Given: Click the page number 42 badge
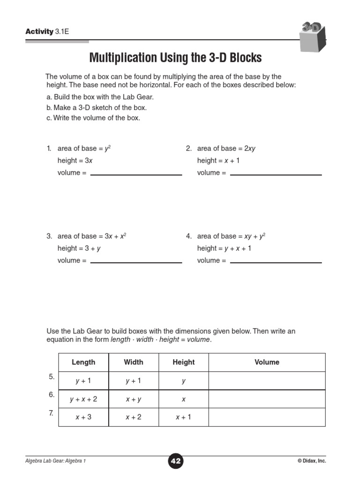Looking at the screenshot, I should click(176, 461).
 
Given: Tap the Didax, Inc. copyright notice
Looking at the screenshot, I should click(311, 461).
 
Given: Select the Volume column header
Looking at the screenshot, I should click(267, 362).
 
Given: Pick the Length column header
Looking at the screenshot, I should click(83, 362).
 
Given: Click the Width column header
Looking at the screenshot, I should click(134, 362).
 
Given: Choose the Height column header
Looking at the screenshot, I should click(183, 362).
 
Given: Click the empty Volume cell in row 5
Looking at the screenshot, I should click(267, 381).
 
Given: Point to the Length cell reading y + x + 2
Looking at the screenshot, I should click(83, 399).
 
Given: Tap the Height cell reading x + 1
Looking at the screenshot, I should click(183, 417).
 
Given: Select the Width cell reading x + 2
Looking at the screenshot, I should click(134, 417).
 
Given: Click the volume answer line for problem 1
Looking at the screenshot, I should click(136, 173).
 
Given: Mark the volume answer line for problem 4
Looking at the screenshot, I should click(276, 261).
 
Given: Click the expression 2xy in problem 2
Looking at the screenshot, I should click(249, 149).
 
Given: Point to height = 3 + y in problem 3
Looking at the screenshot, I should click(79, 248).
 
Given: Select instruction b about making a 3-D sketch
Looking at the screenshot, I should click(97, 108).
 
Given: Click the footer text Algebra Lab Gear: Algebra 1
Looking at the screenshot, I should click(56, 461).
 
